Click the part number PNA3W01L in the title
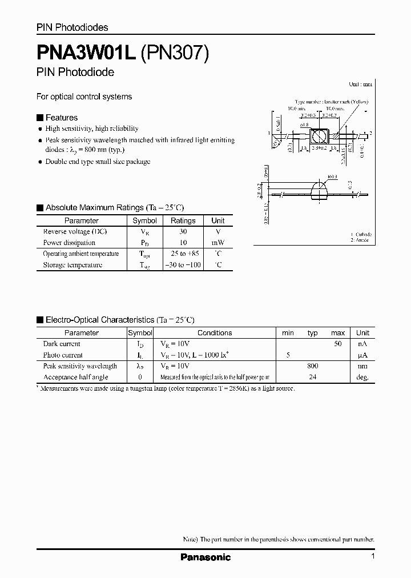[85, 53]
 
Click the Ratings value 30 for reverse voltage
[183, 232]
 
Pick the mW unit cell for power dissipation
[217, 243]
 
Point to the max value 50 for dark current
[338, 344]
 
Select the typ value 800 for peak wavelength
[312, 366]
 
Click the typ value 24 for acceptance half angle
[312, 377]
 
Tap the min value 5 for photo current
[288, 355]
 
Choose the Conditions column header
[215, 333]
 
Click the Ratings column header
[183, 220]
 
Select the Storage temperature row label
[72, 265]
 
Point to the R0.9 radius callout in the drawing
[333, 177]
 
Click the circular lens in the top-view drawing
[317, 137]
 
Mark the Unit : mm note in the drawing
[360, 84]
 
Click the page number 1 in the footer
[372, 557]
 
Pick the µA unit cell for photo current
[362, 355]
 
